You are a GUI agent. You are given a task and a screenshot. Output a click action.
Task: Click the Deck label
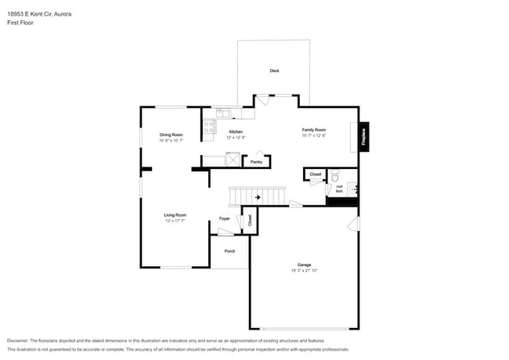click(x=274, y=70)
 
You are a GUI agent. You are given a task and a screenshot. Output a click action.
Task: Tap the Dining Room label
click(x=171, y=135)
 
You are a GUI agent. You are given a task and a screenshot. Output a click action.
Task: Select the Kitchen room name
click(x=235, y=131)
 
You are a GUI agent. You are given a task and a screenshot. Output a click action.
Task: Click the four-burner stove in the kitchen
click(x=209, y=127)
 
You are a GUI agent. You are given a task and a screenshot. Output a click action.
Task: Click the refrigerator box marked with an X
click(x=233, y=160)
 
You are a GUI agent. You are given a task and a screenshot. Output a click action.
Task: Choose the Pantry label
click(x=256, y=162)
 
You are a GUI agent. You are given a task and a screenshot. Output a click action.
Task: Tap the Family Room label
click(x=313, y=129)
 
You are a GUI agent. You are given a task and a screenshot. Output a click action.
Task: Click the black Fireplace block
click(x=364, y=136)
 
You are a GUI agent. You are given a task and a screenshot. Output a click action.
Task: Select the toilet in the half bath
click(x=334, y=176)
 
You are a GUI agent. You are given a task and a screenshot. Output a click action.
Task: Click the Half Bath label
click(x=339, y=188)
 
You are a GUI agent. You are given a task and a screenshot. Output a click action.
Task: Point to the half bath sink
click(x=353, y=188)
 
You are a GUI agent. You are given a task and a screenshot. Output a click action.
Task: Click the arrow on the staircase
click(x=258, y=197)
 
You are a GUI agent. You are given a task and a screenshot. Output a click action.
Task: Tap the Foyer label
click(x=224, y=218)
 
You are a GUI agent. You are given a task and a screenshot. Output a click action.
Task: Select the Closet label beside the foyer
click(x=250, y=219)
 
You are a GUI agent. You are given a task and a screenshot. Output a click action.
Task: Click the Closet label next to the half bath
click(x=315, y=174)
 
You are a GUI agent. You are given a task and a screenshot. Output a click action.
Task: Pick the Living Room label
click(x=175, y=214)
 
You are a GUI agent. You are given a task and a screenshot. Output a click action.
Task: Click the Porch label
click(x=229, y=251)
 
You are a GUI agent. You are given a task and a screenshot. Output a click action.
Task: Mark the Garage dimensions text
click(x=304, y=270)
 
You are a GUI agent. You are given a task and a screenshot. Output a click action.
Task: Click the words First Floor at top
click(x=20, y=23)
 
